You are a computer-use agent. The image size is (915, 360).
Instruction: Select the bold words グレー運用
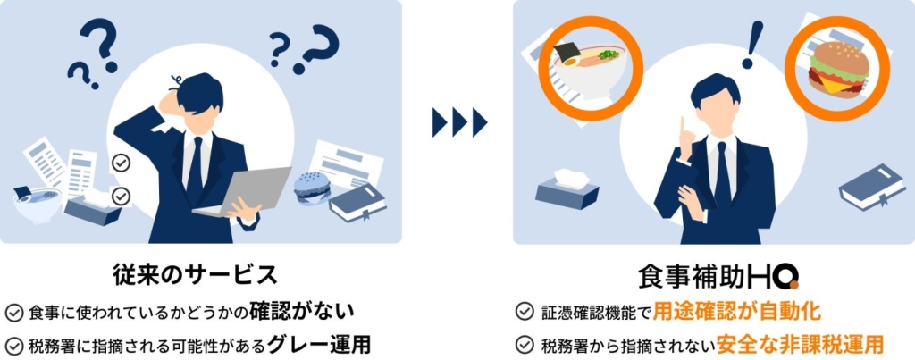pos(318,343)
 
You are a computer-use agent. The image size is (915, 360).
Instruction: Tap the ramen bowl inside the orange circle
pos(585,68)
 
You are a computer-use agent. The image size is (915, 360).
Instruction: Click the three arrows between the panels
pos(458,121)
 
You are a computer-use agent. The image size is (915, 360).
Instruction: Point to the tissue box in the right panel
pos(567,188)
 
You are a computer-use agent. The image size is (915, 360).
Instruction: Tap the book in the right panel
pos(872,188)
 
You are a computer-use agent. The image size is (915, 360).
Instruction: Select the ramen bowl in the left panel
pos(36,204)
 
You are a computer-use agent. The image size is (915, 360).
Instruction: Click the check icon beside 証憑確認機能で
pos(525,312)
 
